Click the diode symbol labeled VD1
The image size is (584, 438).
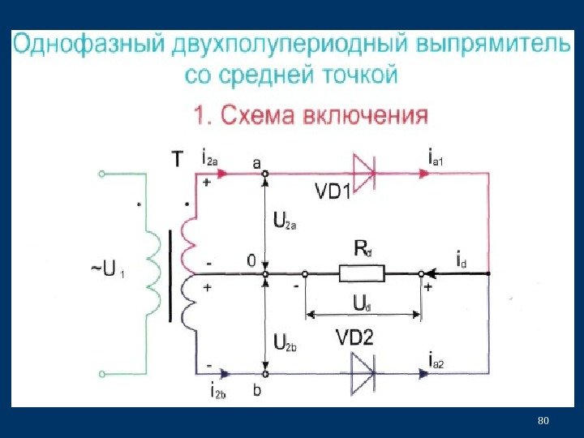(x=363, y=171)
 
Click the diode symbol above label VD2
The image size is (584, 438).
(x=363, y=374)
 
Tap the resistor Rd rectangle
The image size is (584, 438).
(x=361, y=274)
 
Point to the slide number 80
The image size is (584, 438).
(x=543, y=420)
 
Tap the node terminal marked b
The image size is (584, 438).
(x=265, y=374)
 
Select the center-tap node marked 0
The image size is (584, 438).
(x=265, y=274)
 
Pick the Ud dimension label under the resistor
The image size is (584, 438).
(x=362, y=303)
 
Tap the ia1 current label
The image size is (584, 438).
(x=442, y=156)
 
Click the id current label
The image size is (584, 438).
(x=460, y=262)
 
